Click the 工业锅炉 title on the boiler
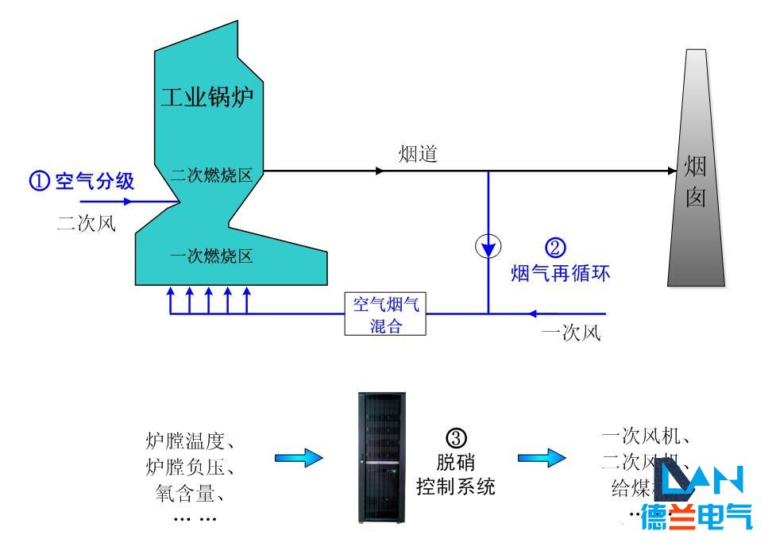[211, 98]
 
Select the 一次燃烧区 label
[211, 256]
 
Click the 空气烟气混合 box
[386, 314]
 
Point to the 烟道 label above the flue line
[418, 154]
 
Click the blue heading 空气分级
[95, 181]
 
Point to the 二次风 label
[87, 223]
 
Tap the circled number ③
[457, 437]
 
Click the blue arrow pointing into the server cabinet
[299, 458]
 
